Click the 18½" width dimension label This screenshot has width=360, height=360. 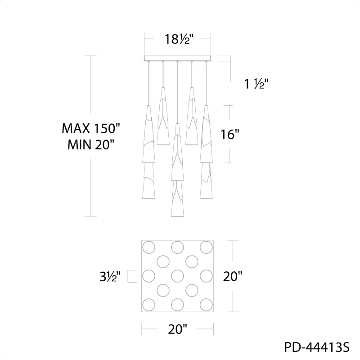point(177,39)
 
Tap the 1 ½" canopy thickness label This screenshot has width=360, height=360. point(256,84)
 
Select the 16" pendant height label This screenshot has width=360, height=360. point(230,134)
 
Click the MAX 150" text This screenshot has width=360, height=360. point(91,128)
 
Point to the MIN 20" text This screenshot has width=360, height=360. point(91,144)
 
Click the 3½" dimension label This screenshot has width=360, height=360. point(110,276)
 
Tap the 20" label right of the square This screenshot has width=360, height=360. point(233,276)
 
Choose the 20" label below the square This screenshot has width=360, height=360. point(178,329)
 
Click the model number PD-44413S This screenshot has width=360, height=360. point(317,347)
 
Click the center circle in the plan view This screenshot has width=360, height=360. point(177,276)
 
